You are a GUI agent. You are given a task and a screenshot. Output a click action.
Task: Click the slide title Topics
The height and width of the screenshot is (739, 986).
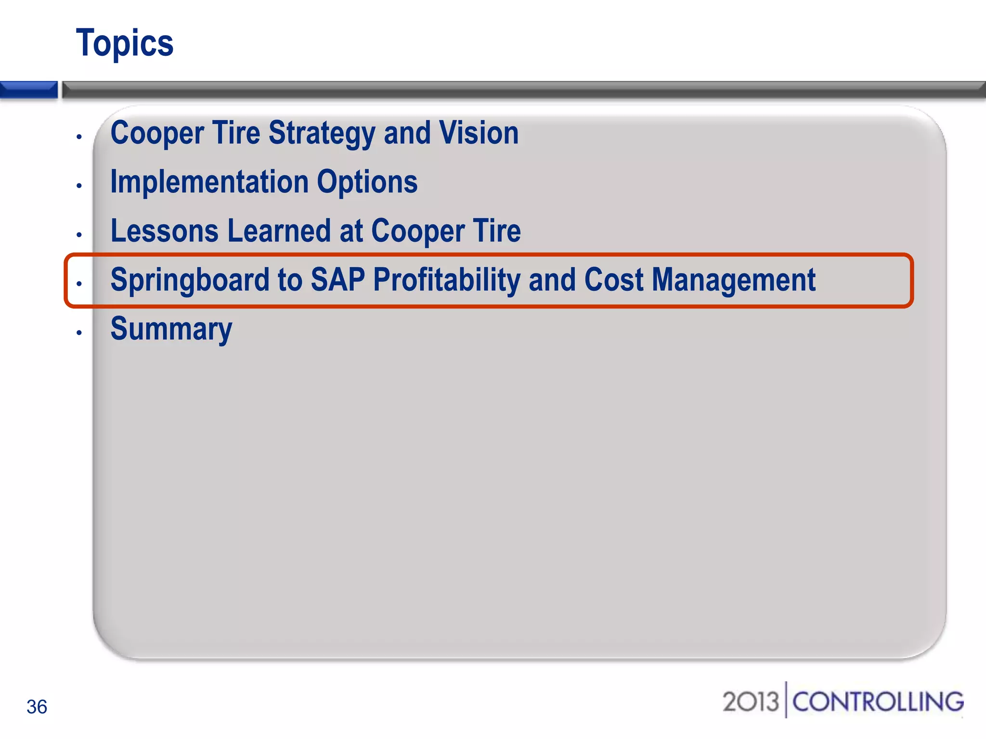tap(125, 43)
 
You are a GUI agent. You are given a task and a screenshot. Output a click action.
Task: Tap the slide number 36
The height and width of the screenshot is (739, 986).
tap(37, 707)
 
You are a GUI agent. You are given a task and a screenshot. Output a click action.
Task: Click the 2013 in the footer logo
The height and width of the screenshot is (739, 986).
tap(750, 701)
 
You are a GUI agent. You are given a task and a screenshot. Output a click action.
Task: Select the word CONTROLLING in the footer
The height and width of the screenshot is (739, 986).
tap(878, 701)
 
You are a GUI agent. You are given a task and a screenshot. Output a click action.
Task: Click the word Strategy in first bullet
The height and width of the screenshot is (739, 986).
tap(322, 133)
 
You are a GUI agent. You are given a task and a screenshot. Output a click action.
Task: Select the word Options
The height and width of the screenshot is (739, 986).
tap(367, 182)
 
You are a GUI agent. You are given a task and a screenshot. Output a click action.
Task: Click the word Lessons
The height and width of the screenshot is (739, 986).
tap(165, 231)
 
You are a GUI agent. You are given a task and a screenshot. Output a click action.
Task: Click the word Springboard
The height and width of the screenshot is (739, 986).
tap(190, 280)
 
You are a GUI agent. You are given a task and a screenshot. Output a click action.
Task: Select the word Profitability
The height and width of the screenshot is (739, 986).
tap(446, 280)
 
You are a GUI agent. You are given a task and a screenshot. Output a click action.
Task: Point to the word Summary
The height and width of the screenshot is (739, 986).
tap(171, 330)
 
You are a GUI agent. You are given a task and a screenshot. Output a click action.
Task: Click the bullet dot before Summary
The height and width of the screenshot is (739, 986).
tap(79, 332)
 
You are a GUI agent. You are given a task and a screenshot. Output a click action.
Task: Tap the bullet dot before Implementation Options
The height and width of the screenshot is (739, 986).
tap(79, 186)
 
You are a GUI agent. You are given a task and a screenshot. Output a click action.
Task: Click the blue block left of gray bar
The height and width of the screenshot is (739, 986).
tap(28, 89)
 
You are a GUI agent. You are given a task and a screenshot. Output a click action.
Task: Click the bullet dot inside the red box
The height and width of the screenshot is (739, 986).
tap(79, 283)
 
